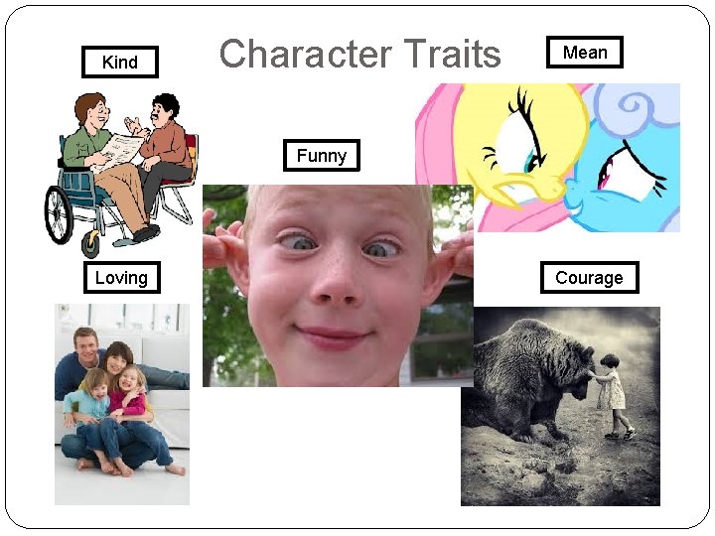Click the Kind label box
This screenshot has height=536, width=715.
[x=120, y=63]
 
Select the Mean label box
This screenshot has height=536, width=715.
[x=585, y=53]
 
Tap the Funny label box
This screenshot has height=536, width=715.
[x=321, y=156]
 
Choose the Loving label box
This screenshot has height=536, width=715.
[x=120, y=278]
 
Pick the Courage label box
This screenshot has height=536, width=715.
[x=589, y=278]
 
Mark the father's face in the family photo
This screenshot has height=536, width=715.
[x=86, y=343]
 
